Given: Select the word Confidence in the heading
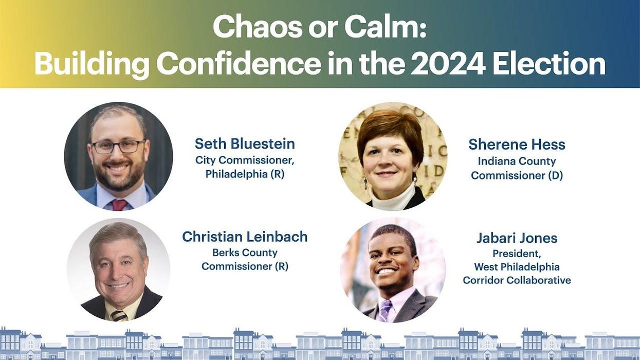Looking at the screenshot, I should coord(237,64).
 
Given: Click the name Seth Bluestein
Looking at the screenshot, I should coord(245,143).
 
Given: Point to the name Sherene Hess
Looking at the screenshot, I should coord(517,145).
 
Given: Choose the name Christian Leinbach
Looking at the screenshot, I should coord(245,237).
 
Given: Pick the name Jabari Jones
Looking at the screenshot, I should coord(517,238).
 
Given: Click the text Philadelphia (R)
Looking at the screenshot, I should coord(245,174).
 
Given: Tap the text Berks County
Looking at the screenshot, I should coord(245,253).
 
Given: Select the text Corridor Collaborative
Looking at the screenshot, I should coord(517,280).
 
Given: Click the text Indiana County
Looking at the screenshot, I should coord(517,161).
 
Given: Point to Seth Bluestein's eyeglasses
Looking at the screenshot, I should coord(118,147).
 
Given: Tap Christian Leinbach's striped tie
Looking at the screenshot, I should coord(119,315).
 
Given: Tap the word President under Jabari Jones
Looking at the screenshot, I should coord(517,254).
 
